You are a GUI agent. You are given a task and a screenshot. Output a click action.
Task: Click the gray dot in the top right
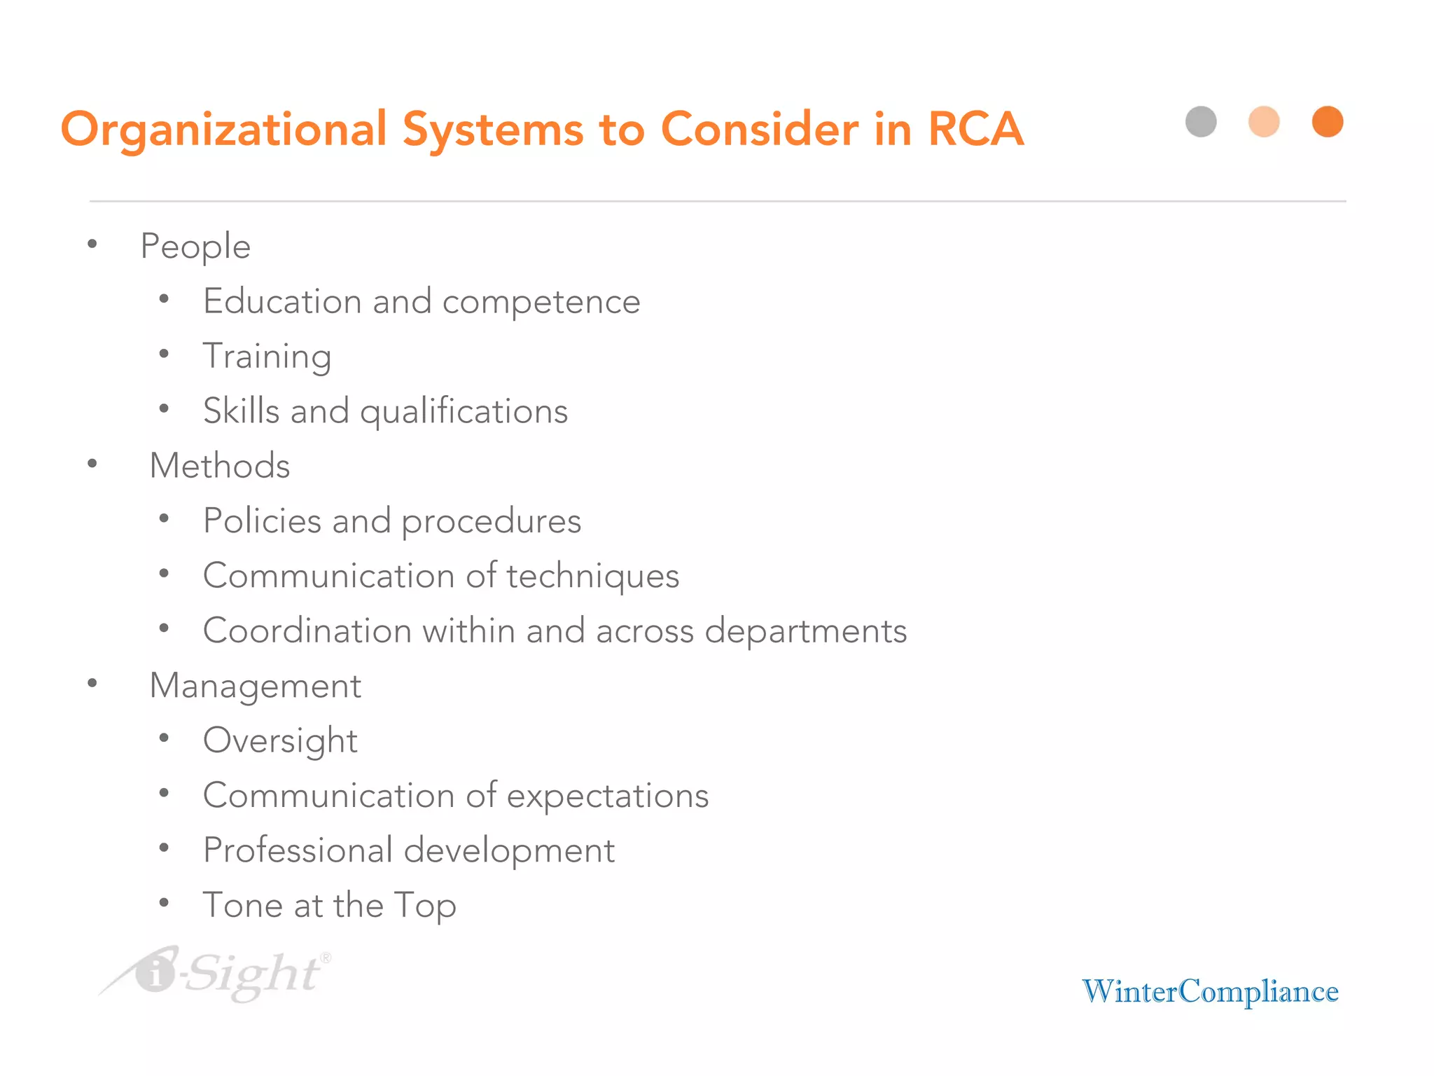[x=1201, y=122]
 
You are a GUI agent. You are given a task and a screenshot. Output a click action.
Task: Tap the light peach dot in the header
[x=1264, y=122]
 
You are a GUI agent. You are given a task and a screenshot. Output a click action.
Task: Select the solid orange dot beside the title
[x=1327, y=122]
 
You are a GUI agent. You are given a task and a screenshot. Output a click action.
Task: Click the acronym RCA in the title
[x=975, y=130]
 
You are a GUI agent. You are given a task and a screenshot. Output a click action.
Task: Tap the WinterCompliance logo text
[x=1210, y=992]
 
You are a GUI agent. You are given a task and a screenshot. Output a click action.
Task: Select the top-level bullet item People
[x=195, y=247]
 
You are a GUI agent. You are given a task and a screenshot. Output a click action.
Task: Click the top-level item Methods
[x=219, y=466]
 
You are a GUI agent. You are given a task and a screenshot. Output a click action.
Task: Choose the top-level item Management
[x=256, y=686]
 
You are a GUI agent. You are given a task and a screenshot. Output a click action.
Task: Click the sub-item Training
[x=267, y=357]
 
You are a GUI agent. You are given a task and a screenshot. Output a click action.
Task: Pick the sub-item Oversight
[x=280, y=741]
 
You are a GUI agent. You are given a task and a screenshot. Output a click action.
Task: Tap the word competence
[x=541, y=303]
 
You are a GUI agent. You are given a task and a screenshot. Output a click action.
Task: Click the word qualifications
[x=464, y=412]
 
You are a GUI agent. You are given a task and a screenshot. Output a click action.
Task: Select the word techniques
[x=592, y=577]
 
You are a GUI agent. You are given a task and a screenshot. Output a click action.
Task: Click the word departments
[x=805, y=631]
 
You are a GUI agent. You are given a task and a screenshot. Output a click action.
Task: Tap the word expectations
[x=607, y=796]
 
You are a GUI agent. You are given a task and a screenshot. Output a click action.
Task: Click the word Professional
[x=298, y=850]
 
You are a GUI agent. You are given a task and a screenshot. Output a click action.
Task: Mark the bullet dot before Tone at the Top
[x=164, y=903]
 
